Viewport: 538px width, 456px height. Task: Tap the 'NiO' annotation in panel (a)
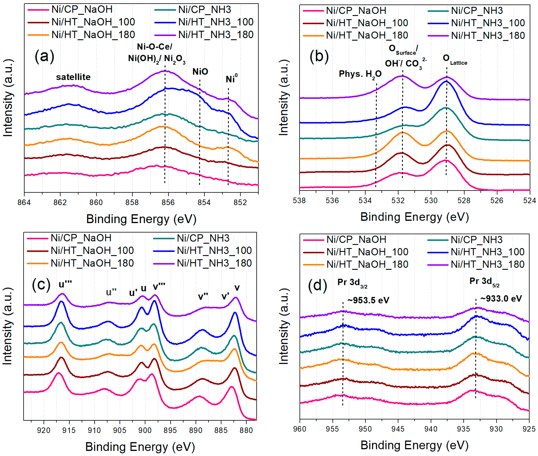(200, 72)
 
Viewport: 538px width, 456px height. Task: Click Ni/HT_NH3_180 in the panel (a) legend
(216, 35)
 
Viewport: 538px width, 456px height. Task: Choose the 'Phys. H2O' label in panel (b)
(360, 74)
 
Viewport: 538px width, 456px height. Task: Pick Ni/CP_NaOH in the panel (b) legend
(356, 11)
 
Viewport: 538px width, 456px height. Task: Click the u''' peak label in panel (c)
(65, 284)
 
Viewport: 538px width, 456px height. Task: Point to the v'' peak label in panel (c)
(203, 296)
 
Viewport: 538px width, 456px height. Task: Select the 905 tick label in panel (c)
(120, 430)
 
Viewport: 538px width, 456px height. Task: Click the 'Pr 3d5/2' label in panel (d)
(484, 282)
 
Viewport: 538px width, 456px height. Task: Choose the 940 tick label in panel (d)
(431, 429)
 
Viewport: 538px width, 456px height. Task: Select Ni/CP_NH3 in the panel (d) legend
(477, 240)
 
